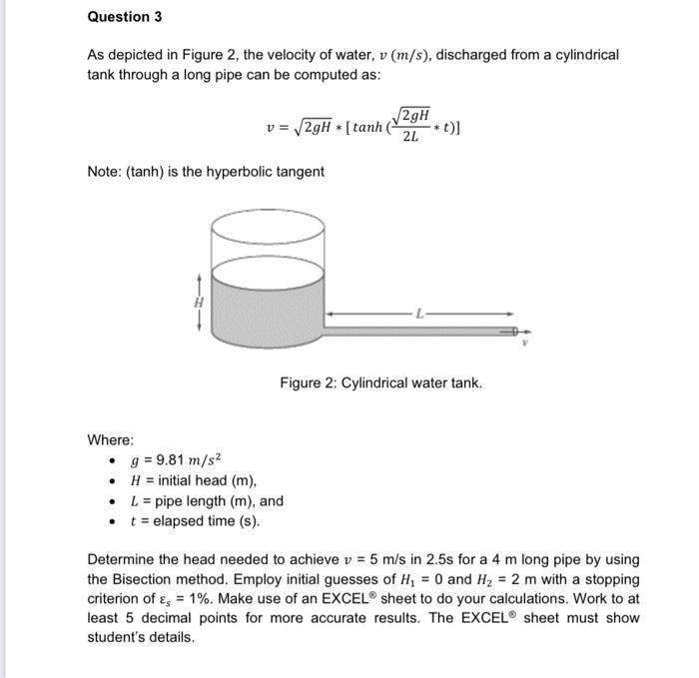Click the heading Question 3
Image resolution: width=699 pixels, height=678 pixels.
tap(125, 17)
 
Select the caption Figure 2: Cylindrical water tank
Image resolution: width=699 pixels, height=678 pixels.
tap(380, 382)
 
